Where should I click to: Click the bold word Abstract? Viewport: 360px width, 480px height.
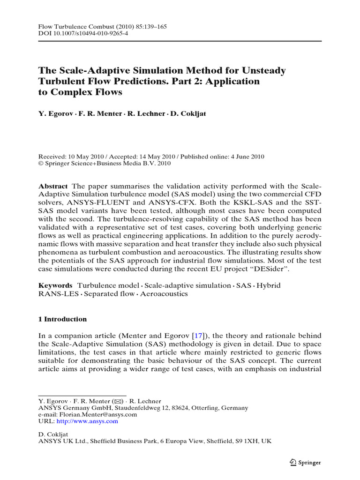coord(52,186)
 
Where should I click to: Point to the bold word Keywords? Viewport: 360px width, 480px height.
coord(55,285)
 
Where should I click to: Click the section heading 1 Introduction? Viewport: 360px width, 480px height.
coord(62,319)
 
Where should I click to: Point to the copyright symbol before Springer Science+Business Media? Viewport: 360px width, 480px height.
coord(40,164)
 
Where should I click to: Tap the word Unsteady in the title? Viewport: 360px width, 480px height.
coord(264,71)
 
